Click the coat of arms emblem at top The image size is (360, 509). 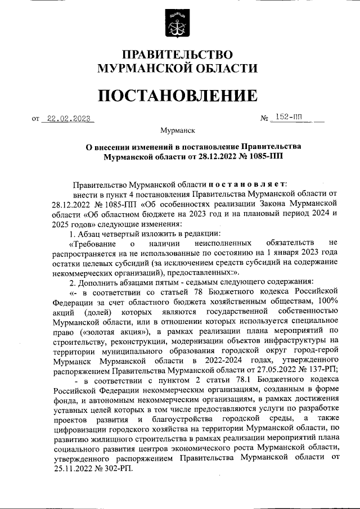180,23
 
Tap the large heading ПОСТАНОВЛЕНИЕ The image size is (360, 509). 178,96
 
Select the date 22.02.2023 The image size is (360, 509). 68,119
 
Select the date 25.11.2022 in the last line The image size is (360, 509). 74,469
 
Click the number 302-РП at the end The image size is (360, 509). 118,469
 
